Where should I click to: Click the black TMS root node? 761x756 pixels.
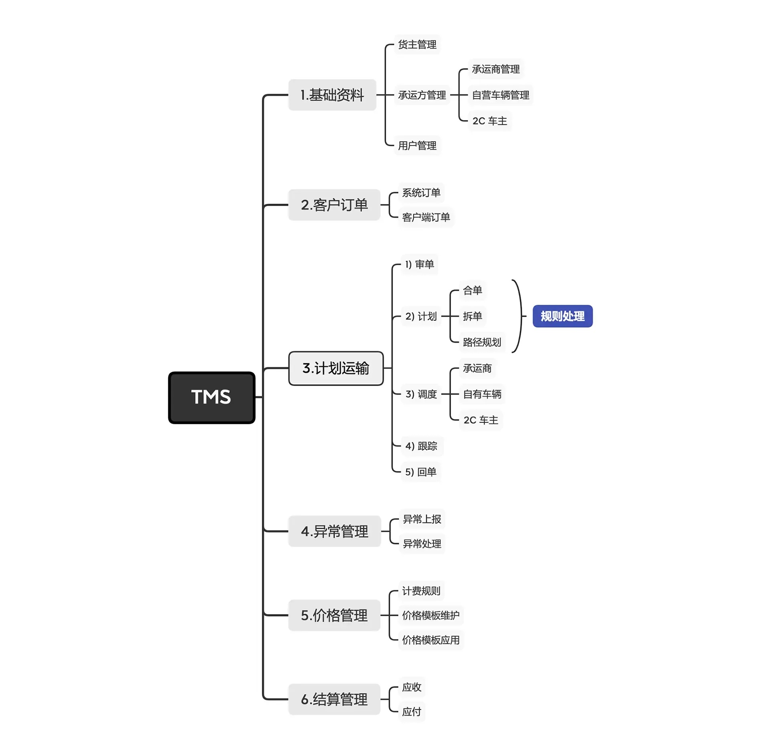[211, 397]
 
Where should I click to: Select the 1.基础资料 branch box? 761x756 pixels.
[332, 95]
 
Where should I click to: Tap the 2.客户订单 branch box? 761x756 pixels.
[334, 205]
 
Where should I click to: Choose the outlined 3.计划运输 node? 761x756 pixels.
[336, 368]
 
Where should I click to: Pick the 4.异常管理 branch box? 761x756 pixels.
[334, 531]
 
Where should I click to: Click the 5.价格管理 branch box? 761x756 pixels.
[334, 615]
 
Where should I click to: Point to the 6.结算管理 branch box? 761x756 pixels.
[334, 699]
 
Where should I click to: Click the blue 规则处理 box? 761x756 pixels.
[562, 316]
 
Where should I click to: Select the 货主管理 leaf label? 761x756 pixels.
[417, 44]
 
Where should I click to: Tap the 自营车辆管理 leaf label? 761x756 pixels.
[500, 95]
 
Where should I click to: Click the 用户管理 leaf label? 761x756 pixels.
[417, 145]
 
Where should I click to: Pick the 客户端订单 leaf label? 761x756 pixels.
[426, 217]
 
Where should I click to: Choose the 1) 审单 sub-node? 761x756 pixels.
[419, 264]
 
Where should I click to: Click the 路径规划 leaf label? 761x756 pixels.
[482, 342]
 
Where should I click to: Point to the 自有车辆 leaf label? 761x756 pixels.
[482, 394]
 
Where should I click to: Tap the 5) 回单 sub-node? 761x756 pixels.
[421, 472]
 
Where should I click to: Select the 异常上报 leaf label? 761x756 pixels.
[422, 519]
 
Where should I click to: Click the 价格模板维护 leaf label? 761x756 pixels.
[431, 615]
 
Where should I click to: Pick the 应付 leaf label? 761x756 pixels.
[412, 712]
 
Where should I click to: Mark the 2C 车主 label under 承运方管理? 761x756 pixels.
[489, 121]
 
